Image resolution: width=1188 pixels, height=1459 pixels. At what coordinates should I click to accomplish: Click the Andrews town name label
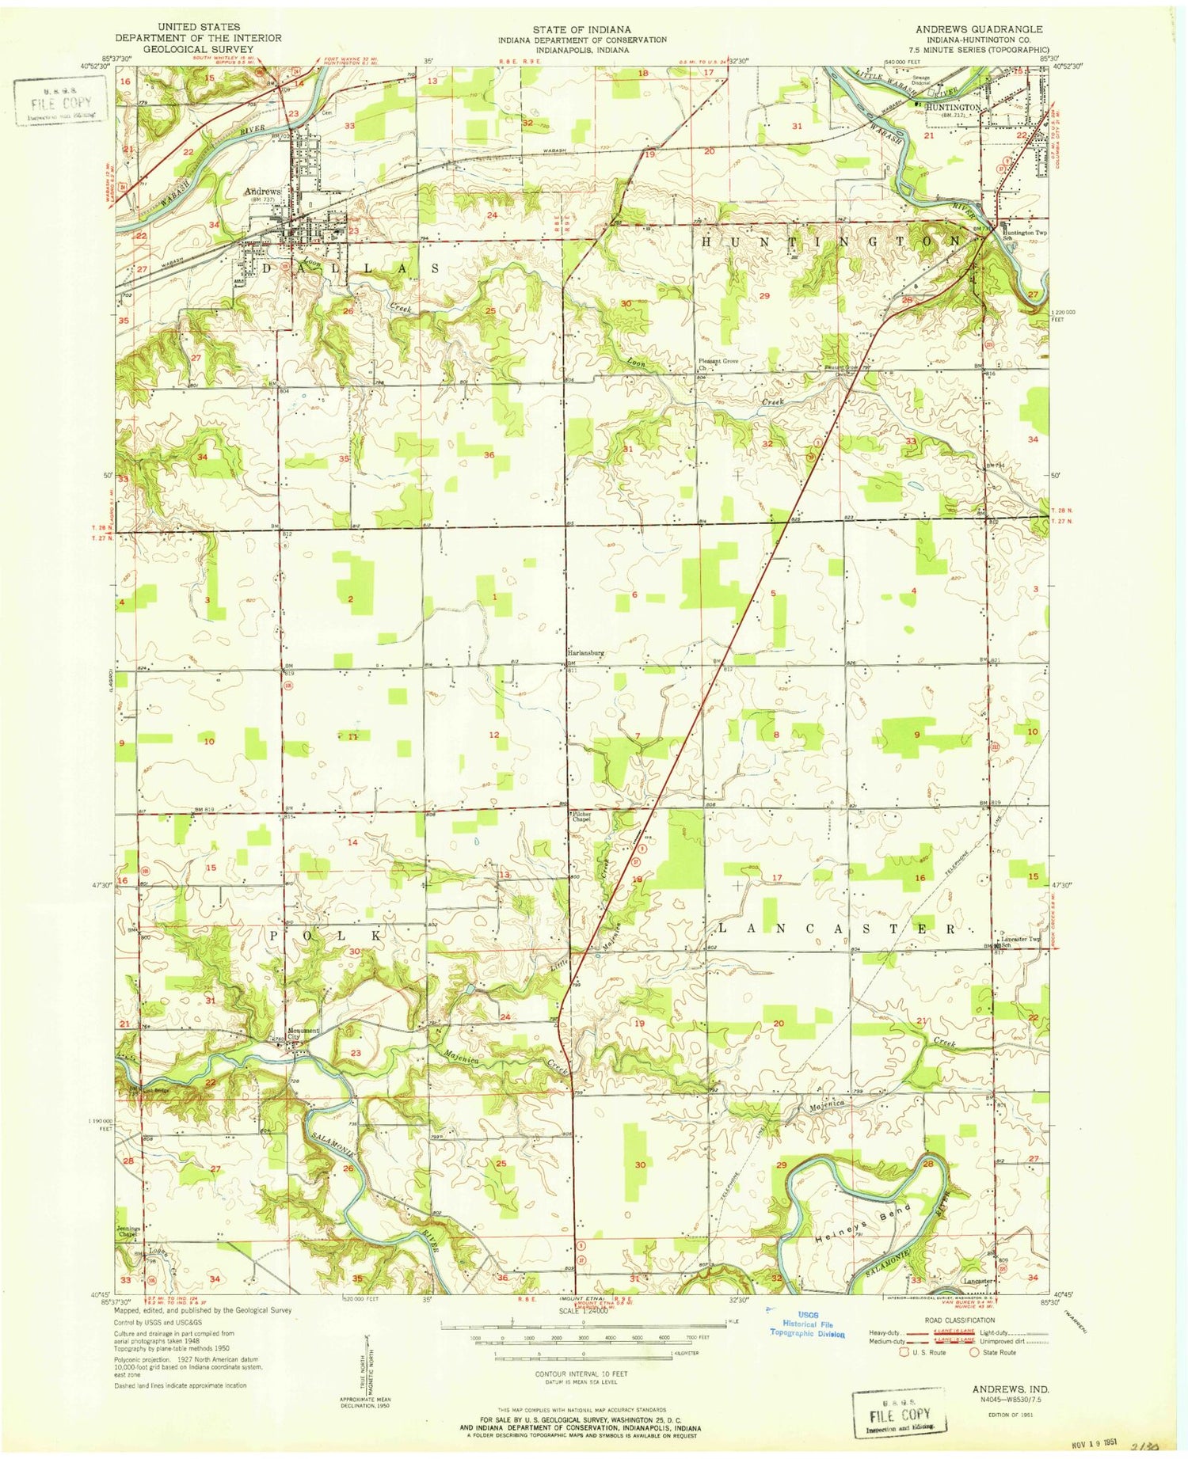coord(262,192)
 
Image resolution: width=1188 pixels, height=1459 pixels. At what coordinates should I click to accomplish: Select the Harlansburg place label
coord(586,653)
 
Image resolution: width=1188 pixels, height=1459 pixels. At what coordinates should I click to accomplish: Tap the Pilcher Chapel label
coord(582,816)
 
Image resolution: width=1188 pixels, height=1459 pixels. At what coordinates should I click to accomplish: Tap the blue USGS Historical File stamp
coord(807,1324)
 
